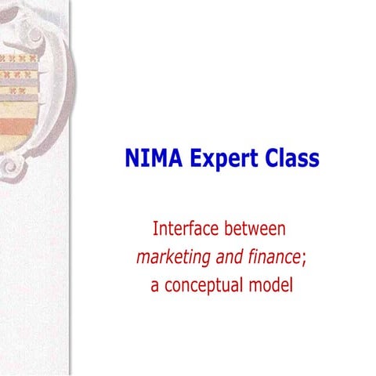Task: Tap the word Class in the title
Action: tap(291, 160)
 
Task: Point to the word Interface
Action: tap(187, 230)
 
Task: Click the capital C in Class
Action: tap(272, 160)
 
